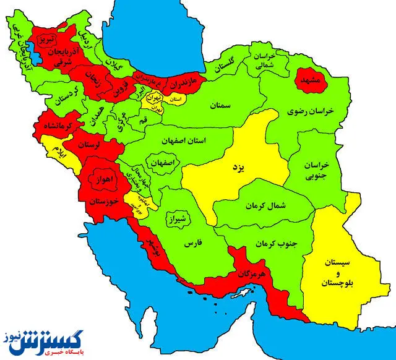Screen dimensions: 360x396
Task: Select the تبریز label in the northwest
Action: pos(47,40)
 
